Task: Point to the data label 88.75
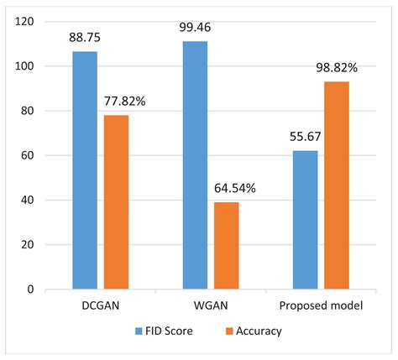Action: point(85,38)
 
